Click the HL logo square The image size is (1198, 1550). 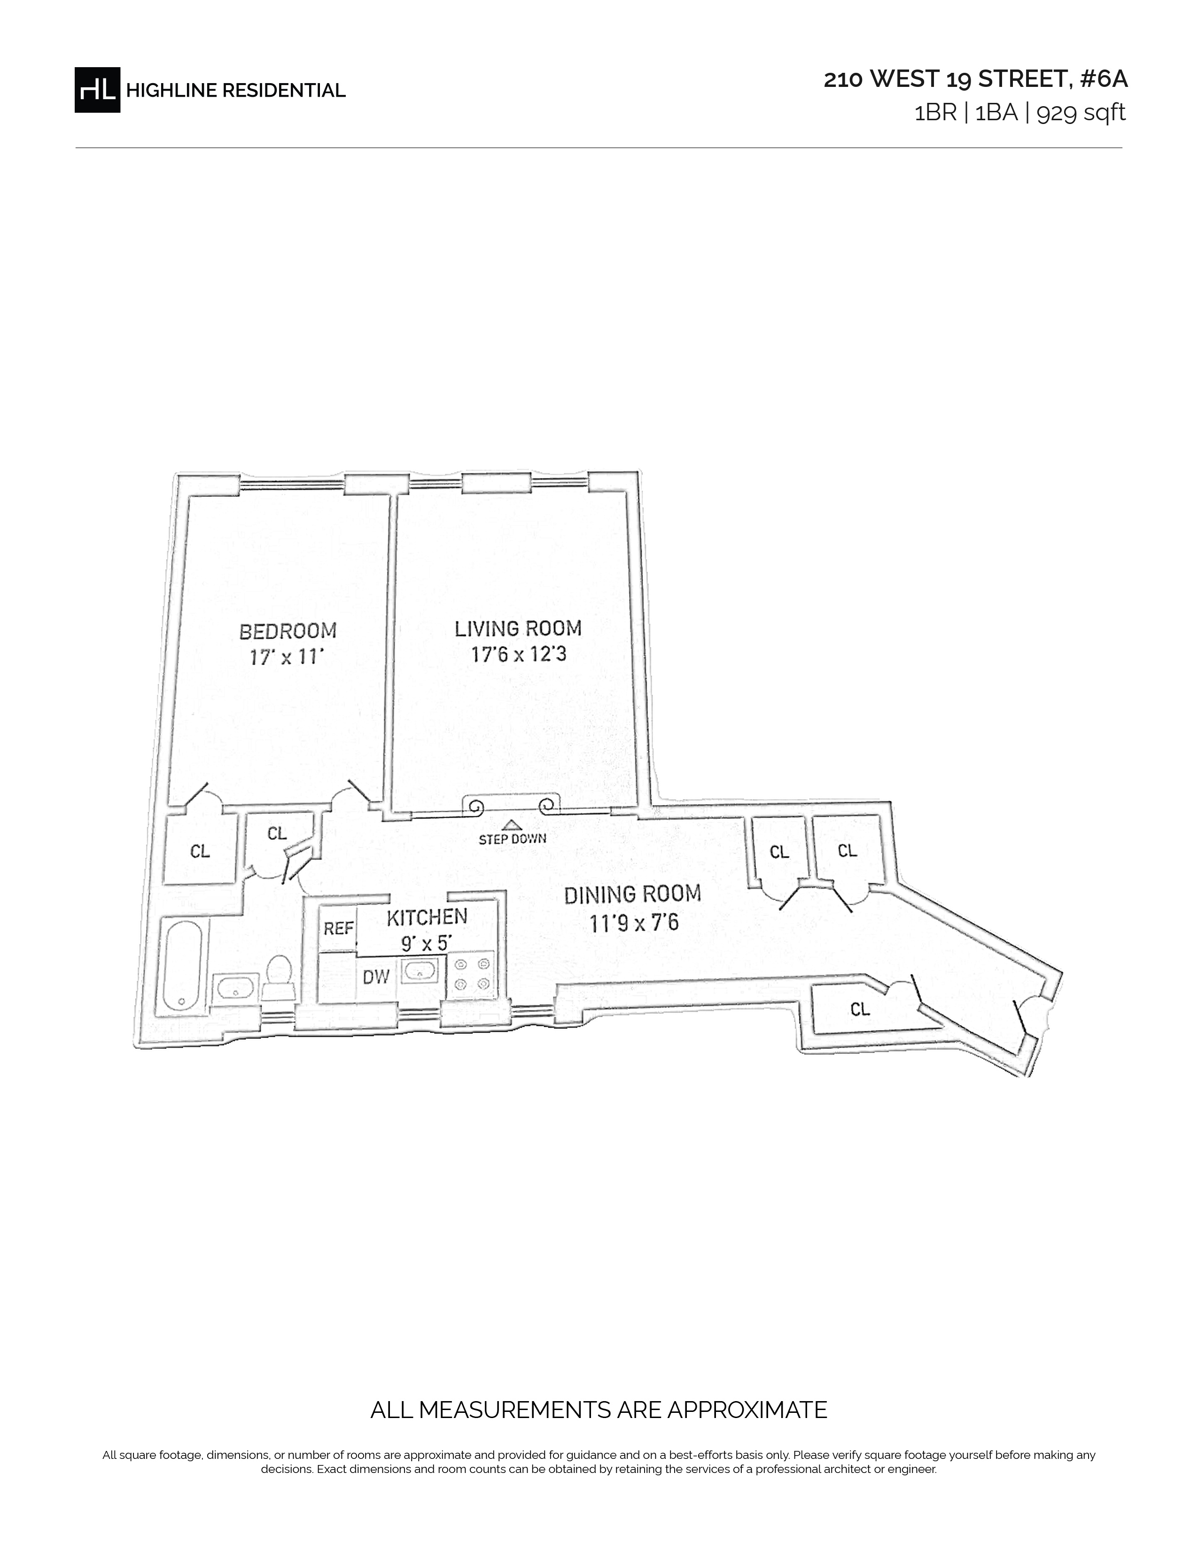click(97, 89)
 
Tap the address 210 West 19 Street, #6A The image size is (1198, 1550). click(975, 79)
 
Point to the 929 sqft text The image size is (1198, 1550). click(1081, 113)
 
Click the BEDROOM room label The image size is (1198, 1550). click(288, 630)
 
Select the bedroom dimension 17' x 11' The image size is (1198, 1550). click(287, 657)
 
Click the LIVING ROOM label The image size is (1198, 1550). click(518, 628)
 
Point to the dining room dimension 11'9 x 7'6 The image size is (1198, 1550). click(634, 922)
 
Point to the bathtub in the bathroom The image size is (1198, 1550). click(183, 965)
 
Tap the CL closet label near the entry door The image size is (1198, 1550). click(859, 1008)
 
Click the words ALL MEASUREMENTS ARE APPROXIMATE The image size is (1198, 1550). click(598, 1409)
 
